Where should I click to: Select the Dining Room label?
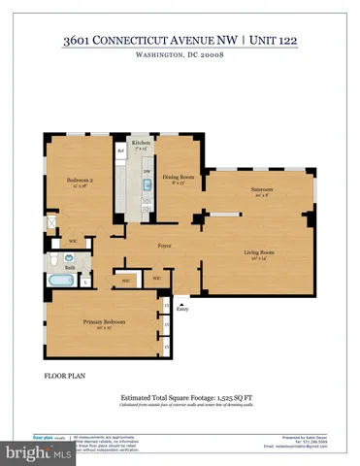tap(178, 177)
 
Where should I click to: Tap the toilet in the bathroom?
tap(71, 259)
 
